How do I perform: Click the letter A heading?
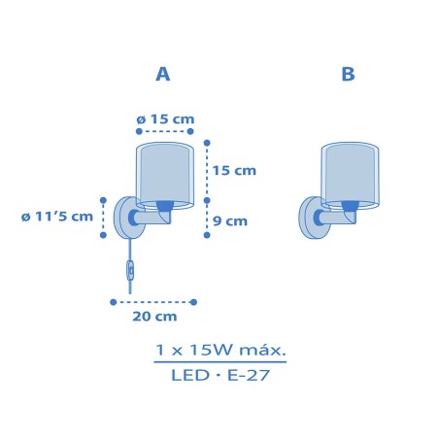pyautogui.click(x=163, y=74)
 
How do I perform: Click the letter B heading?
pyautogui.click(x=348, y=74)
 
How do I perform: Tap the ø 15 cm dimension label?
pyautogui.click(x=165, y=119)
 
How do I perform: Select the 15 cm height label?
pyautogui.click(x=234, y=171)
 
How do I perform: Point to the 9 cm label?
pyautogui.click(x=230, y=221)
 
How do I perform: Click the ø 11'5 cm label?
pyautogui.click(x=57, y=217)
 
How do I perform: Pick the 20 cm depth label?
pyautogui.click(x=154, y=317)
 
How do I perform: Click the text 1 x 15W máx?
pyautogui.click(x=220, y=350)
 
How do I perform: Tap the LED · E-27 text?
pyautogui.click(x=220, y=376)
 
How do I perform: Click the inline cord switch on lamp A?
pyautogui.click(x=130, y=269)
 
